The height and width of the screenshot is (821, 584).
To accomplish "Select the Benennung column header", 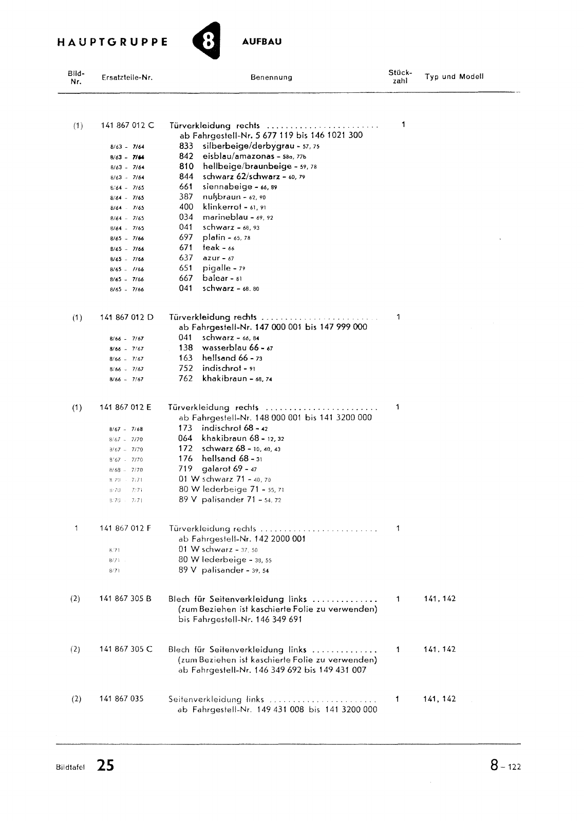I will [x=271, y=77].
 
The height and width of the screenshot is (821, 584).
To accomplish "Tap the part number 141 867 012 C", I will [x=126, y=125].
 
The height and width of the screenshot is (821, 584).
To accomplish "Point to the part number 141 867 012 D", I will [x=126, y=317].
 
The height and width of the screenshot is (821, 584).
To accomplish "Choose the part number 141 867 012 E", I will [x=125, y=407].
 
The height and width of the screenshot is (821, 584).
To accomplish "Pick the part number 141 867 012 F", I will [x=125, y=529].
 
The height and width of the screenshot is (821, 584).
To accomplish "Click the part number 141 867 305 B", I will [x=125, y=599].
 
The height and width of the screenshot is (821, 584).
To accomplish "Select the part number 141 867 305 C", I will [x=125, y=649].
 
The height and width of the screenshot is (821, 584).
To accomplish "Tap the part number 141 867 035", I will [x=121, y=699].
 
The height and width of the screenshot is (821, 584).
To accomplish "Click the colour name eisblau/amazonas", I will [x=231, y=156].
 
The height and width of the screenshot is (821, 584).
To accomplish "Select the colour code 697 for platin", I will [x=186, y=238].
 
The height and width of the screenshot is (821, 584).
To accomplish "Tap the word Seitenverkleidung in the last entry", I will [x=205, y=699].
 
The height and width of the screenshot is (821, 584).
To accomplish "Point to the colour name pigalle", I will [x=217, y=268].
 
